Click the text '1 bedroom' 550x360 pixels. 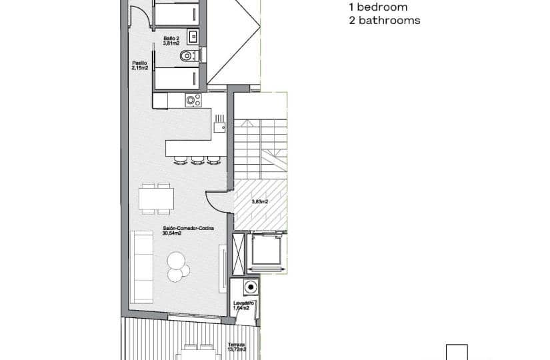coord(377,7)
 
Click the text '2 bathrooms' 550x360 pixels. coord(384,21)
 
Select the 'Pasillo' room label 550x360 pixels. coord(139,65)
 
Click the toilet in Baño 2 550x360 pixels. coord(187,57)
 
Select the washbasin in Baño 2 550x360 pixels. coord(193,35)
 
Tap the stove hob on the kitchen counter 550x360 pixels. coord(193,101)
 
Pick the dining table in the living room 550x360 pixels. coord(157,199)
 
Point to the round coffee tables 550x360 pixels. coord(177,265)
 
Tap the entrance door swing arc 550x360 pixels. coord(219,197)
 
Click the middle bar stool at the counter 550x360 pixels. coord(197,160)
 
